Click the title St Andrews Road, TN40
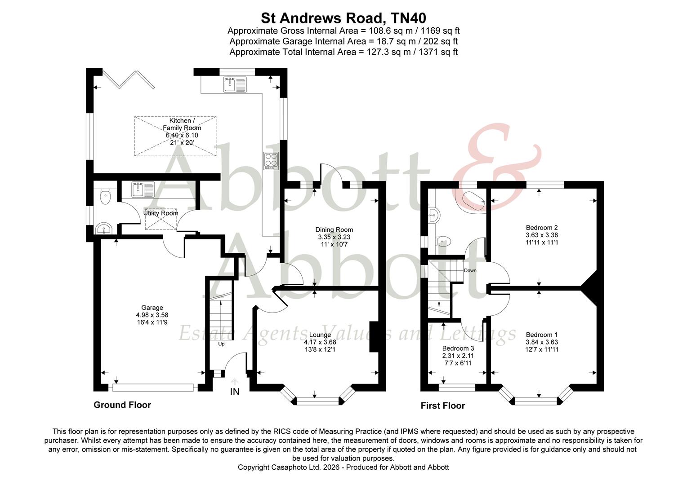(x=343, y=18)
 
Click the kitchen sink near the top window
(x=234, y=84)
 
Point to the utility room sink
(x=143, y=189)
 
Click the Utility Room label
(x=161, y=213)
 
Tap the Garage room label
(x=152, y=308)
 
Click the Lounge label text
(x=320, y=335)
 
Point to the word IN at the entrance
(x=235, y=392)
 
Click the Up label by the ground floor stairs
(x=221, y=344)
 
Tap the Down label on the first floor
(x=470, y=270)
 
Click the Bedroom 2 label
(x=542, y=227)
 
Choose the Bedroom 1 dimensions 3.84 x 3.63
(x=542, y=342)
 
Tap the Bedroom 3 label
(x=458, y=348)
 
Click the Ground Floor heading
(x=122, y=405)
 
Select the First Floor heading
(x=442, y=406)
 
